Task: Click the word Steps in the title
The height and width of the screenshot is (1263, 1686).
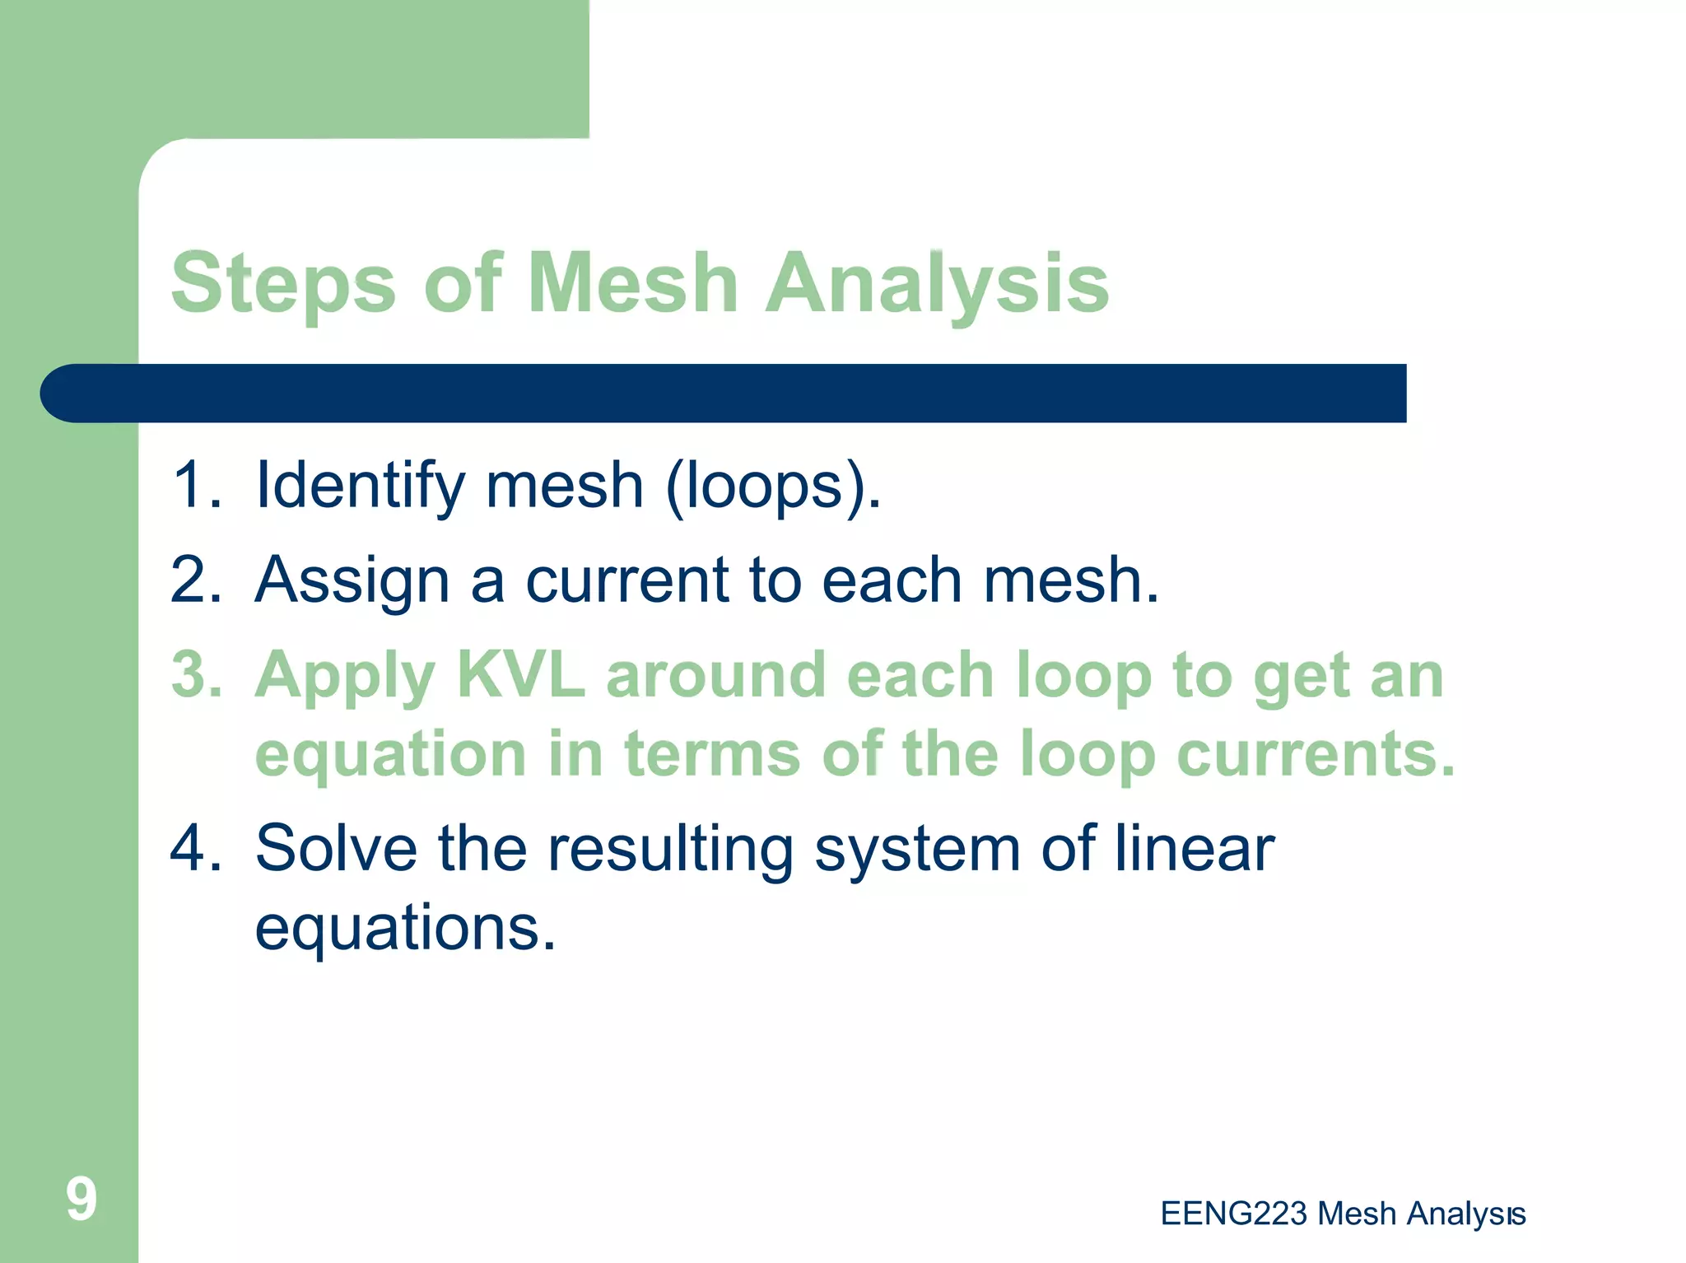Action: point(283,284)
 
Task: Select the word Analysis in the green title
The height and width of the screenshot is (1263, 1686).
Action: point(937,284)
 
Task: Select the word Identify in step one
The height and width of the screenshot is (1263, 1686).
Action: point(361,486)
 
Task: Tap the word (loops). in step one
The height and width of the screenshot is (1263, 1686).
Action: point(773,486)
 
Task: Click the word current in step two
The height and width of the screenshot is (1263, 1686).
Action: point(627,580)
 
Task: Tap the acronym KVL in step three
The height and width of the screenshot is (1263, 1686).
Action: point(520,674)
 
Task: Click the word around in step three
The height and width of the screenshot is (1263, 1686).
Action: point(715,674)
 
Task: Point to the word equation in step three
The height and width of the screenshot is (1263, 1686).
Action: point(390,755)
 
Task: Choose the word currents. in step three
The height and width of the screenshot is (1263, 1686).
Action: point(1316,753)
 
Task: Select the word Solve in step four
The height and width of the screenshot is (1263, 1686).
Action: point(336,848)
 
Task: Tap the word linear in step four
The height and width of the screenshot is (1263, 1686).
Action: point(1194,848)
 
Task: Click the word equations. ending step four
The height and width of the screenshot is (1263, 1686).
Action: point(405,928)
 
